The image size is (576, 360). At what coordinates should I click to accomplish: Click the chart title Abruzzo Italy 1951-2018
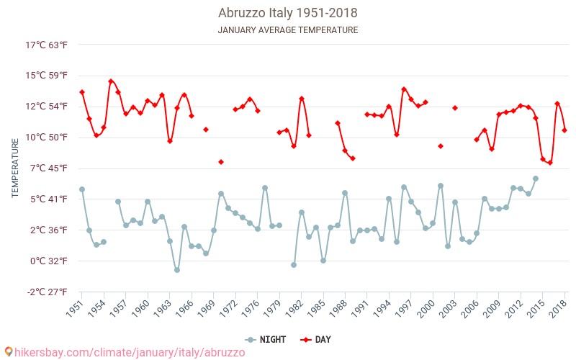[288, 13]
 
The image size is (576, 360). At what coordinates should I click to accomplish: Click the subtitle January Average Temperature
[288, 30]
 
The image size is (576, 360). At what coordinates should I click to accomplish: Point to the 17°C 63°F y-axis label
[47, 45]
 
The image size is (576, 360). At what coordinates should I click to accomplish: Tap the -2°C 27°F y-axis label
[47, 292]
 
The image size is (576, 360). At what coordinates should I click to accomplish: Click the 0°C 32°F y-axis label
[47, 261]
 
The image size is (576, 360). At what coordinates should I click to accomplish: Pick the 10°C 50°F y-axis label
[47, 137]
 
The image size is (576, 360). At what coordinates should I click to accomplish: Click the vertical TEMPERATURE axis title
[15, 168]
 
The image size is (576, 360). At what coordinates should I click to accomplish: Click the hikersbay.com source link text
[130, 352]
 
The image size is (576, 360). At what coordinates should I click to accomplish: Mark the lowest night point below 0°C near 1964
[177, 270]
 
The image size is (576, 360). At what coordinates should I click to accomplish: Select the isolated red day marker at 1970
[221, 162]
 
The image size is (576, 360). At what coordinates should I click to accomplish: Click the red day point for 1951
[82, 92]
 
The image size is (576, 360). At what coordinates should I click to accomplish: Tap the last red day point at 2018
[564, 130]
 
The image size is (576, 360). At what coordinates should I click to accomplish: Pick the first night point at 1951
[82, 189]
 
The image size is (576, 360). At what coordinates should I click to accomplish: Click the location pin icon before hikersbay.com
[9, 352]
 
